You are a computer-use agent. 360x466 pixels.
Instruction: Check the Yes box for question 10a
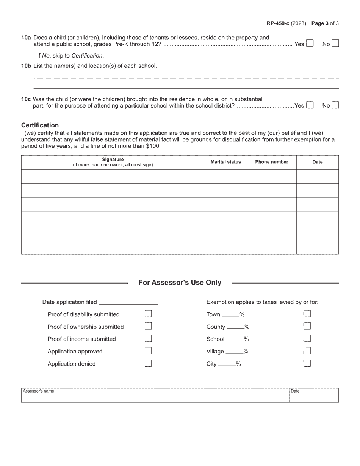pyautogui.click(x=310, y=44)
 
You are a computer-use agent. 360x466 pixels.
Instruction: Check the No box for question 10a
pyautogui.click(x=335, y=44)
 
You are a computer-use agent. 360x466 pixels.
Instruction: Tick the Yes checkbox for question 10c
pyautogui.click(x=310, y=105)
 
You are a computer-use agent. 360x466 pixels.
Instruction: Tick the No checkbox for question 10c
pyautogui.click(x=335, y=105)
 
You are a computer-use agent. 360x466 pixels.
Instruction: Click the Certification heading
pyautogui.click(x=40, y=125)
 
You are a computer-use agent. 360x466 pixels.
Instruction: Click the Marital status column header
pyautogui.click(x=225, y=162)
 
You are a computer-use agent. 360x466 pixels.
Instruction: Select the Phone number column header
pyautogui.click(x=271, y=162)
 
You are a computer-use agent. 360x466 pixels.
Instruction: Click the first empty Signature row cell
pyautogui.click(x=113, y=177)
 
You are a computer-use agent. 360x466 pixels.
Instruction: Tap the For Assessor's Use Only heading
pyautogui.click(x=180, y=283)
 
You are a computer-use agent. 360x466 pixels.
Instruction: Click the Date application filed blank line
pyautogui.click(x=128, y=302)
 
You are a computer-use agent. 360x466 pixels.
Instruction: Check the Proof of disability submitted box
pyautogui.click(x=148, y=314)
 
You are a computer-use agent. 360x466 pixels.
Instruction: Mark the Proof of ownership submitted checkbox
pyautogui.click(x=148, y=326)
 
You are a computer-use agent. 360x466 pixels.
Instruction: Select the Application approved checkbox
pyautogui.click(x=148, y=351)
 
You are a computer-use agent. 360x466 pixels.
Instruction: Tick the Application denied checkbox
pyautogui.click(x=148, y=363)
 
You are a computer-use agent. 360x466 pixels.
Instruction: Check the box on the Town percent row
pyautogui.click(x=307, y=314)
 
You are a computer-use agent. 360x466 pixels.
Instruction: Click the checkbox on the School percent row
pyautogui.click(x=307, y=338)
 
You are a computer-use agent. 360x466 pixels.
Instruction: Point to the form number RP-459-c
pyautogui.click(x=278, y=23)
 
